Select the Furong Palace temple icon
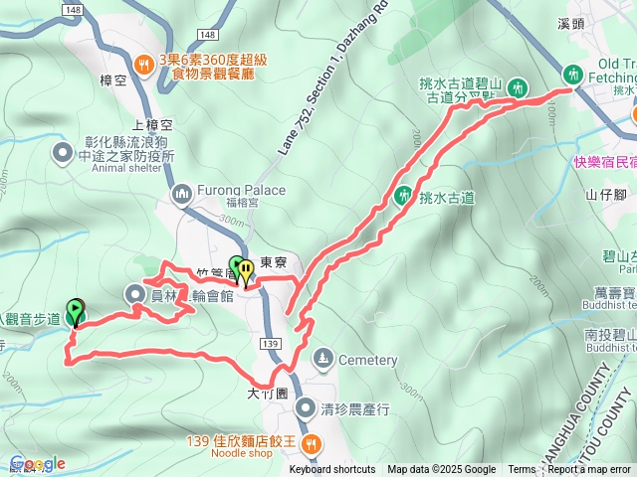coord(182,192)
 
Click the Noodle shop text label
coord(245,454)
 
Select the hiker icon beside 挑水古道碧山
coord(517,87)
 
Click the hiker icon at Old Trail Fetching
coord(573,73)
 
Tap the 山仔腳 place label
coord(603,194)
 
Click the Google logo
coord(37,464)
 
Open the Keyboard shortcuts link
coord(332,470)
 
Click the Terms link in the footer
coord(522,470)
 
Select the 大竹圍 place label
coord(268,393)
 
